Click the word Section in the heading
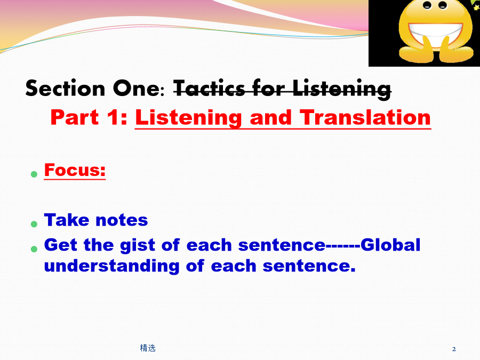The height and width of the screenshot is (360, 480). coord(65,88)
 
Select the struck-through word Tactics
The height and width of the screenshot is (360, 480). coord(209,89)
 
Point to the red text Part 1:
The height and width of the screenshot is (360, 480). coord(89,117)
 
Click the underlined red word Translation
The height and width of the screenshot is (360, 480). coord(365,117)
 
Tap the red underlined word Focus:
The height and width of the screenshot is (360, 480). coord(75,170)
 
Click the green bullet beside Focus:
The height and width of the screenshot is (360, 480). coord(34,174)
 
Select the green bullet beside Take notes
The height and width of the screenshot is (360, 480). coord(34,224)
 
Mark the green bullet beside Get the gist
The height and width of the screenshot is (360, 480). coord(34,249)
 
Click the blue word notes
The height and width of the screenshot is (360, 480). coord(122,220)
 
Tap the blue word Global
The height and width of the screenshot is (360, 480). coord(390,245)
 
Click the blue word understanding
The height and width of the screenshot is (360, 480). coord(112,266)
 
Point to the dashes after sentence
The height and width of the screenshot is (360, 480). coord(343,246)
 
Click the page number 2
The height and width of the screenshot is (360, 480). coord(454,349)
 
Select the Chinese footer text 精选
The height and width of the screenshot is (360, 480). coord(148,348)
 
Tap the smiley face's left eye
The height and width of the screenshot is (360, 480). coord(427,5)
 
